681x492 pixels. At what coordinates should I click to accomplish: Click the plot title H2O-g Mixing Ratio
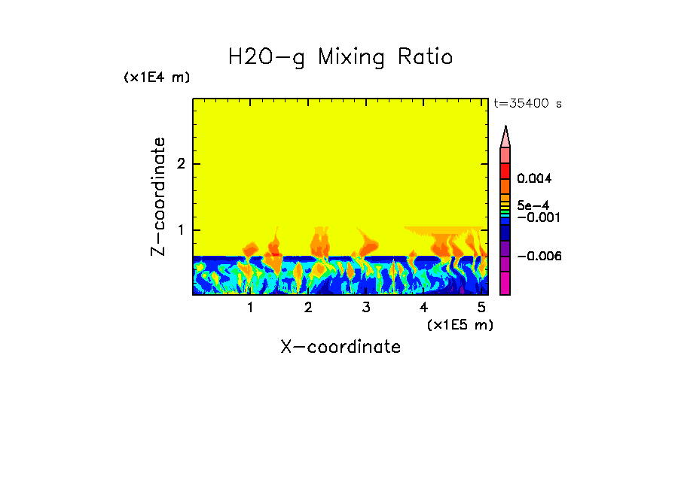click(340, 56)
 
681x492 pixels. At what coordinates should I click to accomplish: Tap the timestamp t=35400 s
click(527, 104)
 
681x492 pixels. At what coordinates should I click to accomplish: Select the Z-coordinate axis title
click(158, 196)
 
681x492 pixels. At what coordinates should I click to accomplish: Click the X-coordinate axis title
click(340, 347)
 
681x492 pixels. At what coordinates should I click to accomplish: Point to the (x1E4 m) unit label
click(157, 77)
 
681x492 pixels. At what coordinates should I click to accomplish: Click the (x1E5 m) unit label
click(460, 324)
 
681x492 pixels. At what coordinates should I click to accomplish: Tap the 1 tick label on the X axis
click(250, 308)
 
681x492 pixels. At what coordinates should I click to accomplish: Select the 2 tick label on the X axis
click(308, 308)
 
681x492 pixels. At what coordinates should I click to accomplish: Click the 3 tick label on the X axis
click(366, 308)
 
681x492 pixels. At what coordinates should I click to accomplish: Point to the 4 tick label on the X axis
click(423, 308)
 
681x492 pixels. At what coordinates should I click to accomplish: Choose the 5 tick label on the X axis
click(481, 308)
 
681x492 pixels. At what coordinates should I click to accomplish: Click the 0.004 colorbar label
click(535, 179)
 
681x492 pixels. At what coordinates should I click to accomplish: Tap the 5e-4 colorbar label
click(533, 205)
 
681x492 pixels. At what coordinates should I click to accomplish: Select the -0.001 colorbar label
click(536, 217)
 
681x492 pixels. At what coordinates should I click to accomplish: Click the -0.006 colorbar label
click(536, 257)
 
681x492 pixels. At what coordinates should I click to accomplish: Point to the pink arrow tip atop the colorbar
click(505, 136)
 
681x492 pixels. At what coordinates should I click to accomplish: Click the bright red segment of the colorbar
click(505, 170)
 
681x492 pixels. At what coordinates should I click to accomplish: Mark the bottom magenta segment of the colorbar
click(505, 284)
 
